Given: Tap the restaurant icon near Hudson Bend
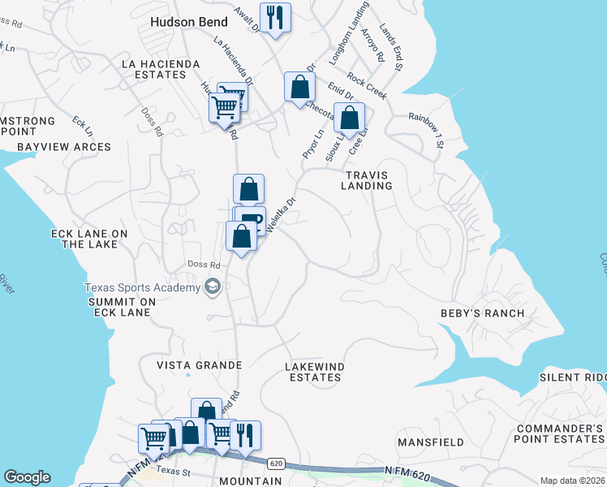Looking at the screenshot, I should tap(275, 17).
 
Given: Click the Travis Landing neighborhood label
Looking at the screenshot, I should tap(367, 180).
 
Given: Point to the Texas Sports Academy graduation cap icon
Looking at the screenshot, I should tap(213, 287).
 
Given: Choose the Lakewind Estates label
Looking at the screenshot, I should tap(315, 372).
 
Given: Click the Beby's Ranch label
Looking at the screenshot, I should tap(482, 313).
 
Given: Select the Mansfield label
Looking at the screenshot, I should tap(430, 442).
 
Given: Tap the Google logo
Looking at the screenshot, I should tap(26, 477).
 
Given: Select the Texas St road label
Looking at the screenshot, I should tap(173, 471).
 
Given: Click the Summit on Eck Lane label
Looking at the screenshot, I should tap(122, 307).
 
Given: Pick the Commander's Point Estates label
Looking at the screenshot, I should tap(559, 433).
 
